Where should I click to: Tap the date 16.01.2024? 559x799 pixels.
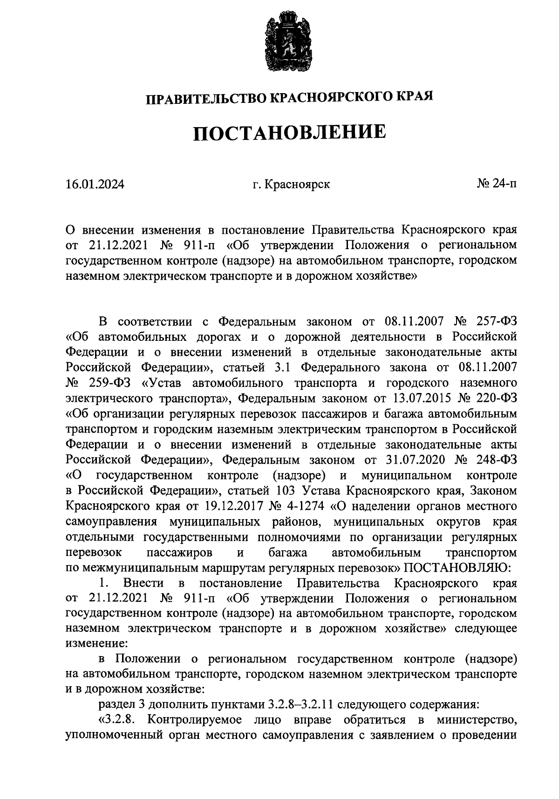pyautogui.click(x=95, y=184)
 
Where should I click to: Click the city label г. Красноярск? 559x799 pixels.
pyautogui.click(x=291, y=184)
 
